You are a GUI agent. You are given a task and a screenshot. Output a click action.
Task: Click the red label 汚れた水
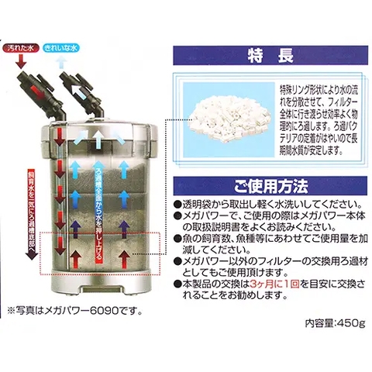pos(21,47)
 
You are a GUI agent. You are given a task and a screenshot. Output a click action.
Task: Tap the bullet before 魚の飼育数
pos(177,242)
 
